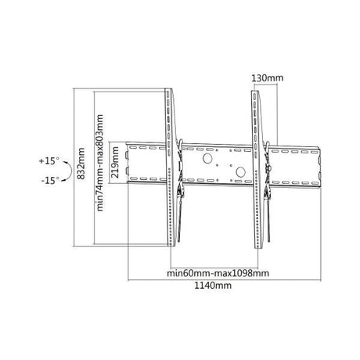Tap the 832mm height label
coord(82,166)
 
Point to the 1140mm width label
coord(214,286)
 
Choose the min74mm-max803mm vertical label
coord(100,166)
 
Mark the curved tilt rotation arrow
coord(67,171)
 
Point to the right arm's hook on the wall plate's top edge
coord(265,144)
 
